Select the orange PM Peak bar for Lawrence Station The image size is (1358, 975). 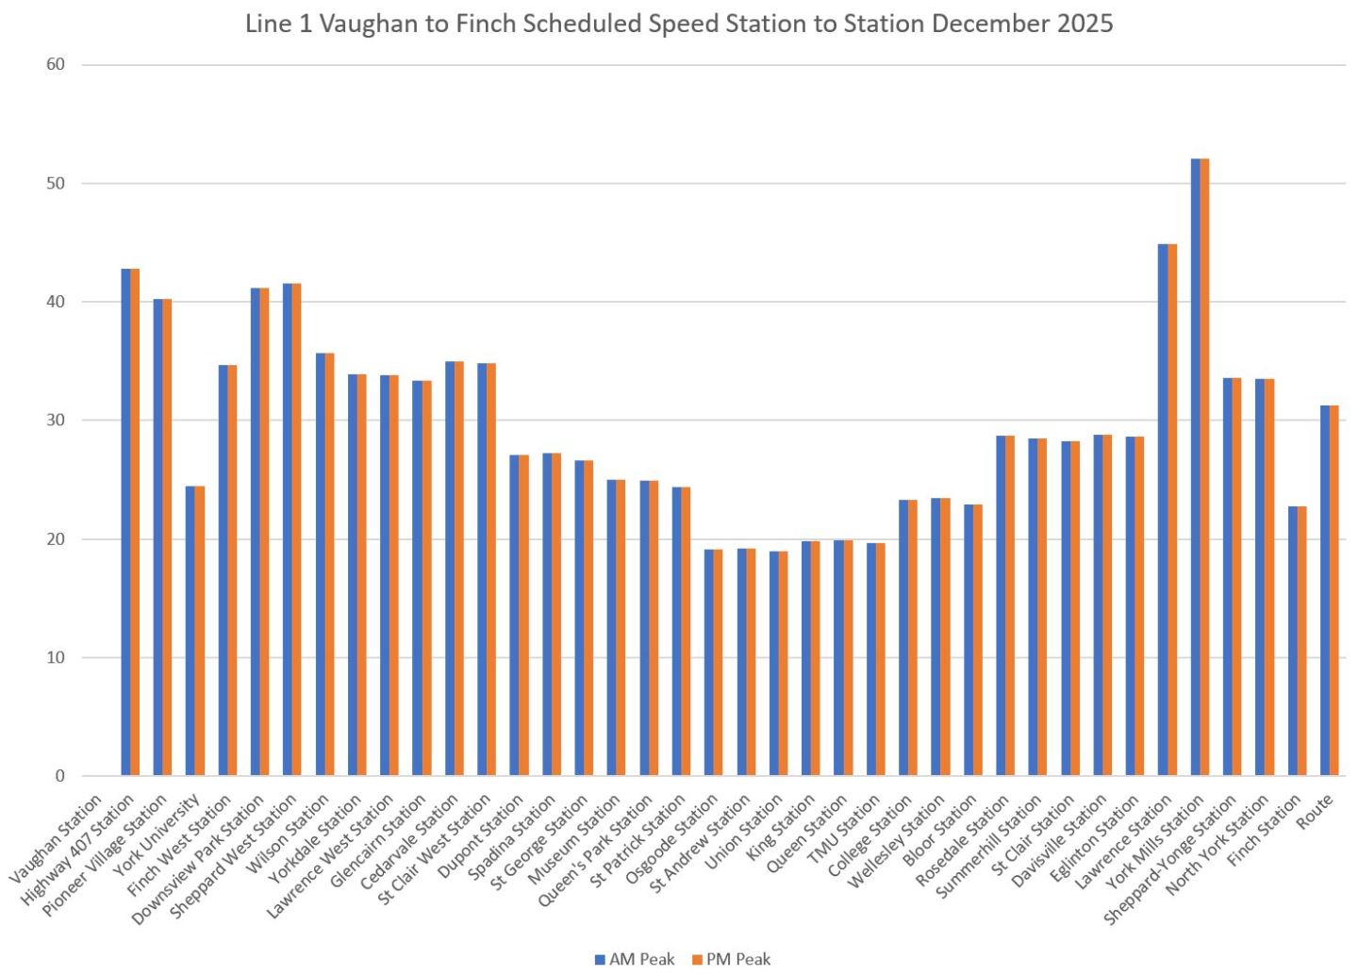click(x=1172, y=509)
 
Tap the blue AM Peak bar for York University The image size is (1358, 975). click(x=190, y=631)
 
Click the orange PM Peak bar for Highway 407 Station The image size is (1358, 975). click(x=167, y=537)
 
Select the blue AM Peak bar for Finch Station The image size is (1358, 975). click(x=1292, y=641)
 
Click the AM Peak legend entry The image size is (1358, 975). click(x=635, y=959)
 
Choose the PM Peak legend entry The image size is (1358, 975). click(x=732, y=959)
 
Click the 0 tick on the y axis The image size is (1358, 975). click(x=59, y=776)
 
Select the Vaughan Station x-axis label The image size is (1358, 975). click(x=57, y=839)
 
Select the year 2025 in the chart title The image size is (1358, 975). click(x=1085, y=24)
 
